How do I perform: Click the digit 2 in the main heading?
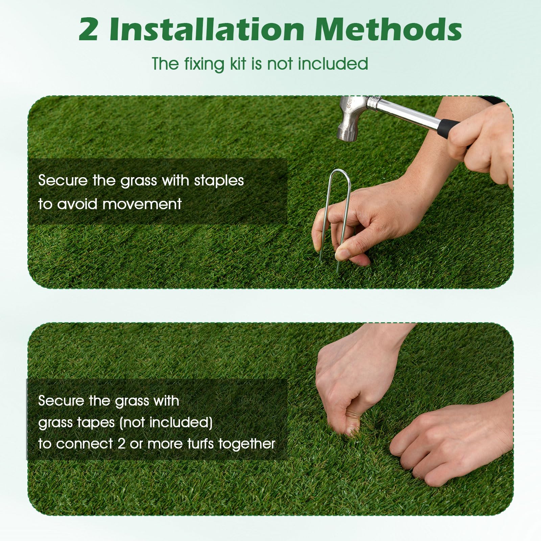pyautogui.click(x=89, y=29)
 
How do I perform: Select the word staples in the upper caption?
pyautogui.click(x=219, y=181)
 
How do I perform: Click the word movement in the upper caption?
pyautogui.click(x=142, y=204)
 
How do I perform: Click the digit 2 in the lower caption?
pyautogui.click(x=121, y=444)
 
